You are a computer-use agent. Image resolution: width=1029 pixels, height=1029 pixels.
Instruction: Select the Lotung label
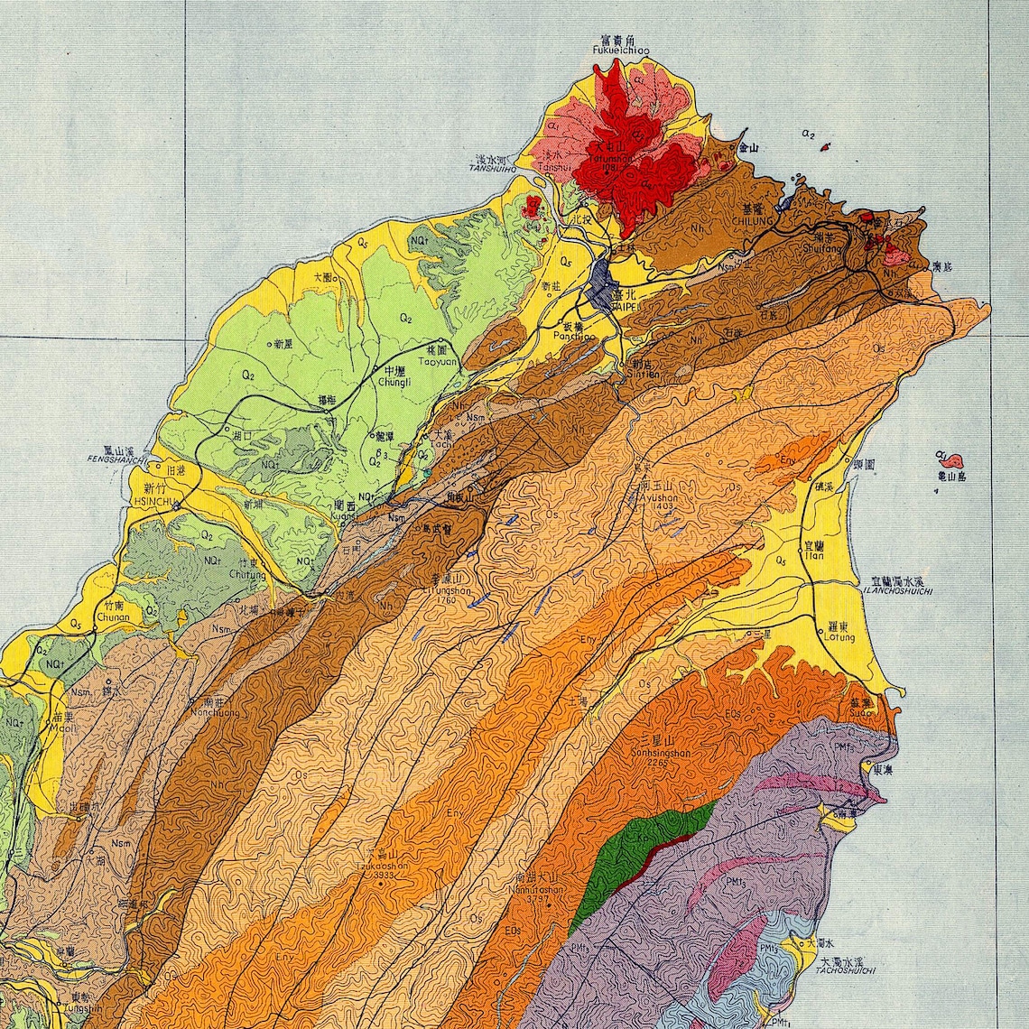click(x=839, y=637)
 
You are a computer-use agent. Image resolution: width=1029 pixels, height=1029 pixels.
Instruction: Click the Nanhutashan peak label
click(x=539, y=889)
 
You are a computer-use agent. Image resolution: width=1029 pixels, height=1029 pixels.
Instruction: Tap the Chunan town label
click(x=110, y=618)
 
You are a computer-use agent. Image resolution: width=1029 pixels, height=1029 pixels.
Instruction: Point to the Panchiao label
click(x=575, y=336)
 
